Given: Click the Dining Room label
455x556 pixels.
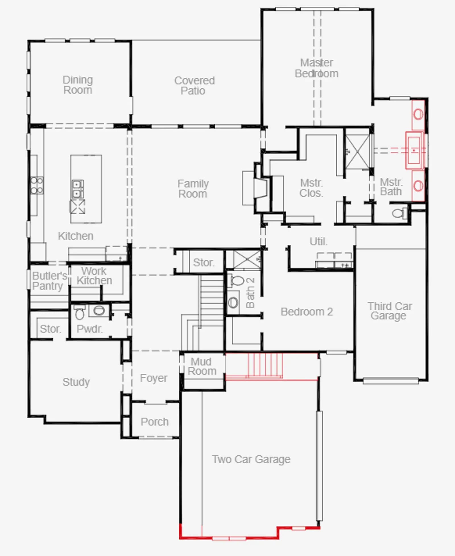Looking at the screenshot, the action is (78, 85).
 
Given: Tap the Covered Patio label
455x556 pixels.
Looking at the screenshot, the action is (195, 86).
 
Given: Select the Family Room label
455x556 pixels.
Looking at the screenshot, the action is (193, 189).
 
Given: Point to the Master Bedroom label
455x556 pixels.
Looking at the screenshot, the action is (317, 68).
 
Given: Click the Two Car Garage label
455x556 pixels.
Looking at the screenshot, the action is (251, 459).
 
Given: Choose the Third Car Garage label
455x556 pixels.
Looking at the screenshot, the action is (390, 311).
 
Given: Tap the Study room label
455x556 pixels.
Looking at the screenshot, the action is (76, 382).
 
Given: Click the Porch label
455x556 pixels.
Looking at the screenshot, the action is (155, 422).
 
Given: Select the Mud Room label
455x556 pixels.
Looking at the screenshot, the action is (202, 366).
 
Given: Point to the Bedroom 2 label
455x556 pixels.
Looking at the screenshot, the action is (307, 312).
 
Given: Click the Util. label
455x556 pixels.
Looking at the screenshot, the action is (318, 242).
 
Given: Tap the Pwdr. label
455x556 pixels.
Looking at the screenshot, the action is (90, 329).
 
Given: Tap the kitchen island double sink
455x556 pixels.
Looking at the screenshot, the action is (77, 189).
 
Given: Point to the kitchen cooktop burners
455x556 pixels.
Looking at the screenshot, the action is (37, 185).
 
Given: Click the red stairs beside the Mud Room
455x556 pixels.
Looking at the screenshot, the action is (265, 366).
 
